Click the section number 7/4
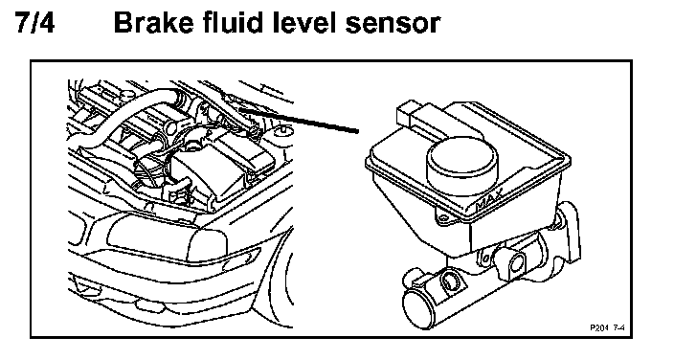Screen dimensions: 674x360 point(35,22)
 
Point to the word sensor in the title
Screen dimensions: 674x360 point(393,24)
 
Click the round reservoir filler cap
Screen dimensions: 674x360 point(461,161)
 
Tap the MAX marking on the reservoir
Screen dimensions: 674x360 point(488,201)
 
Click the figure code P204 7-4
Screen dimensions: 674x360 point(607,327)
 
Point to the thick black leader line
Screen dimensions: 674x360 point(299,120)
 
